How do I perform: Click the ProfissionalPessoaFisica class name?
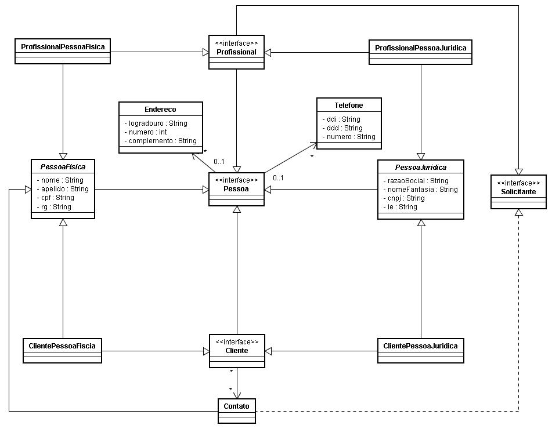coord(63,47)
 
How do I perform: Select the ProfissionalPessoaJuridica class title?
coord(420,48)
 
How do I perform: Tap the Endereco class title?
coord(160,110)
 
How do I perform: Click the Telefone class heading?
coord(348,105)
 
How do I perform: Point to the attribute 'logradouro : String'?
coord(156,123)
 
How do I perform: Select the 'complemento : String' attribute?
coord(161,141)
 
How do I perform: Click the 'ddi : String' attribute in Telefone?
coord(341,119)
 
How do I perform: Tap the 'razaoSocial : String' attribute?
coord(416,181)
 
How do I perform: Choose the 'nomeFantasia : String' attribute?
coord(420,190)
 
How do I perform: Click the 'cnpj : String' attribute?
coord(404,198)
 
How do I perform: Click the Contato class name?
coord(236,406)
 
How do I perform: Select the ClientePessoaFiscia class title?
coord(62,346)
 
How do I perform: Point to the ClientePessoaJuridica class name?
coord(420,346)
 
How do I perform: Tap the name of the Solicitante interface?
coord(518,192)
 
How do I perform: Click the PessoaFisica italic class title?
coord(63,167)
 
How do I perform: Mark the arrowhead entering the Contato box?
coord(237,395)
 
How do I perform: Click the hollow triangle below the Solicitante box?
coord(518,212)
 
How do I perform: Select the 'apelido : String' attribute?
coord(63,189)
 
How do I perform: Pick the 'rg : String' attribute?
coord(54,207)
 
